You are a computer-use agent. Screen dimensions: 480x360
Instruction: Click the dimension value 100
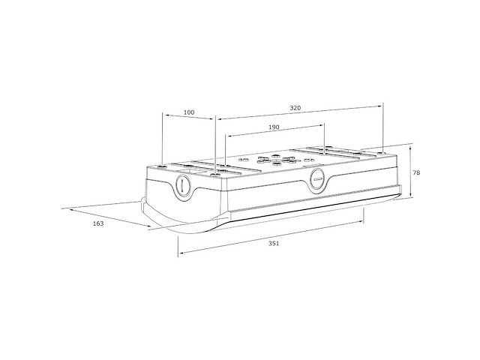(189, 112)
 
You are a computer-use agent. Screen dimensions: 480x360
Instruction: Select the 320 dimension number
(295, 108)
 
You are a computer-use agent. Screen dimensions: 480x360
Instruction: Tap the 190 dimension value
(274, 127)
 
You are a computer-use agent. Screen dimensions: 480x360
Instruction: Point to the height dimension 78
(416, 172)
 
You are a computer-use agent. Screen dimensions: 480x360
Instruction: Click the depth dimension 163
(98, 223)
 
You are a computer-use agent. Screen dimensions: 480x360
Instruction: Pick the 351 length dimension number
(274, 244)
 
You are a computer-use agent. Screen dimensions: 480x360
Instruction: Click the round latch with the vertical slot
(183, 185)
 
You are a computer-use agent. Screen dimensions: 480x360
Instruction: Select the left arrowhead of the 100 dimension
(167, 115)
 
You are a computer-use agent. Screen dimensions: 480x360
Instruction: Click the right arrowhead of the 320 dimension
(379, 106)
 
